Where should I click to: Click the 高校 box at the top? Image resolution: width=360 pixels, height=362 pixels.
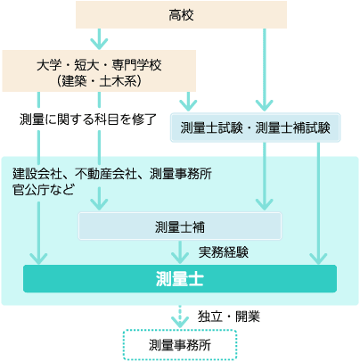click(x=181, y=15)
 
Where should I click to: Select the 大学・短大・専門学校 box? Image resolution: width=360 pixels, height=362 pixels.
click(x=99, y=70)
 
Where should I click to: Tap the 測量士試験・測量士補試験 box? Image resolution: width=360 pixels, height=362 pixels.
click(x=255, y=128)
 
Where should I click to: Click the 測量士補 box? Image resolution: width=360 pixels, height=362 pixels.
click(x=180, y=226)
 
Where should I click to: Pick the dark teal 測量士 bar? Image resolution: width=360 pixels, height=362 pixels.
click(x=180, y=279)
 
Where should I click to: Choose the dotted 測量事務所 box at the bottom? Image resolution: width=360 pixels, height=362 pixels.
click(x=180, y=345)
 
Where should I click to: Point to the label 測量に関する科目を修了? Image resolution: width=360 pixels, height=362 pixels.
click(x=88, y=119)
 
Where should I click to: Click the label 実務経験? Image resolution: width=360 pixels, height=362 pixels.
click(x=224, y=252)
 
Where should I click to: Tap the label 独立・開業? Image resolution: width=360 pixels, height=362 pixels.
click(x=229, y=317)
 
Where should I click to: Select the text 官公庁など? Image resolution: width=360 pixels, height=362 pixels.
click(x=44, y=190)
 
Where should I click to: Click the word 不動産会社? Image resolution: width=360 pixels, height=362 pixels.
click(x=105, y=174)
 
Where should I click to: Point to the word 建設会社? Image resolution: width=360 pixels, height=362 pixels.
click(x=37, y=174)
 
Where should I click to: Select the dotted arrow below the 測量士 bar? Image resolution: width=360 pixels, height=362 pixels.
click(x=180, y=317)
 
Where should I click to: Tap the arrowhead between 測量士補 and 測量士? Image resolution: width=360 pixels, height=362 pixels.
click(x=180, y=258)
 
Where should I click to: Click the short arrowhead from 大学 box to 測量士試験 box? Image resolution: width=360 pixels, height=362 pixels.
click(x=188, y=105)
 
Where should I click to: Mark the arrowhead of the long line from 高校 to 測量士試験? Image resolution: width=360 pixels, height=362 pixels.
click(x=265, y=105)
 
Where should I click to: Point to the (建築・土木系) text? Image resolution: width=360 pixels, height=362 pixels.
click(x=99, y=81)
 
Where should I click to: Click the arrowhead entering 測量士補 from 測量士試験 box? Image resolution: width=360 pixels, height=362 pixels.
click(x=265, y=204)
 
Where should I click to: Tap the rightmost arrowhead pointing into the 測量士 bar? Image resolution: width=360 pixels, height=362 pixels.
click(x=318, y=259)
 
